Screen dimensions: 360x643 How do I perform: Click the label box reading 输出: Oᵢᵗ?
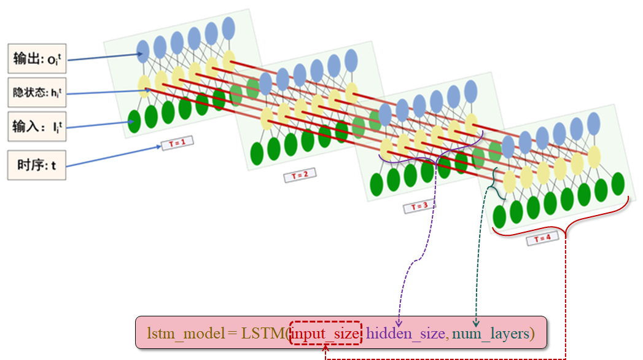(36, 59)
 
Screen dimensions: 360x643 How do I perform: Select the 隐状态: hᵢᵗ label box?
(36, 93)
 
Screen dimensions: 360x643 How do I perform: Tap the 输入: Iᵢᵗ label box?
(36, 127)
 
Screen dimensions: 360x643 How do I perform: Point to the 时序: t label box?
(36, 165)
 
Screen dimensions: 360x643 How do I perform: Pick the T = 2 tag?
(300, 176)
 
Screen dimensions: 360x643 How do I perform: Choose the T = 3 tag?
(420, 206)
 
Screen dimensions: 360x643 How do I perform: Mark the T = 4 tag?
(542, 240)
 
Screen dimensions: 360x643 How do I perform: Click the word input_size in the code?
(326, 333)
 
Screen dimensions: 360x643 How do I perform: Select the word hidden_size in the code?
(405, 333)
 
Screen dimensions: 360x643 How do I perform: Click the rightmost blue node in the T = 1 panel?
(228, 28)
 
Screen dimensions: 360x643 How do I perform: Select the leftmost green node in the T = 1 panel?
(134, 120)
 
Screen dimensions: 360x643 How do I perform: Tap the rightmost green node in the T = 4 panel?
(618, 183)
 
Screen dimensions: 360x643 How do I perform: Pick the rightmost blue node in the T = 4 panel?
(594, 123)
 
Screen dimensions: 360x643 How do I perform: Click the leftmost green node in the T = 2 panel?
(257, 152)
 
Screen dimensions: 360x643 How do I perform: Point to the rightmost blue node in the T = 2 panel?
(351, 60)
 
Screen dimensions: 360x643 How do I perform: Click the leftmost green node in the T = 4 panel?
(499, 216)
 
